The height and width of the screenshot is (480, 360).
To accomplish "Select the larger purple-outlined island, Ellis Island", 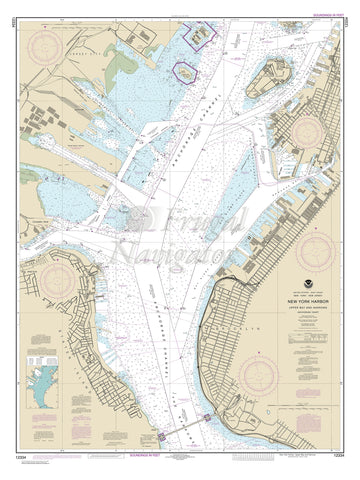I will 201,34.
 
